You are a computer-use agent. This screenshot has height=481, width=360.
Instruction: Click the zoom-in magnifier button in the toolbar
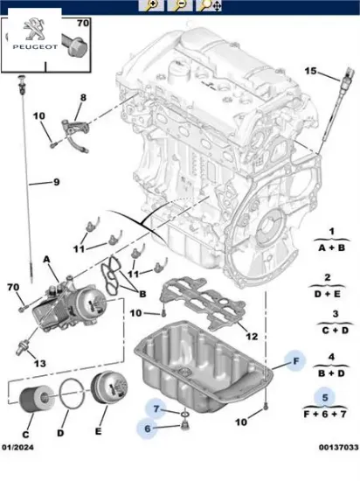[151, 5]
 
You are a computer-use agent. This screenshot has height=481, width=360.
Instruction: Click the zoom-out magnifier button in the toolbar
[180, 5]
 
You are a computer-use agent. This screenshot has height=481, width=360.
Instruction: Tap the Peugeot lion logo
[34, 29]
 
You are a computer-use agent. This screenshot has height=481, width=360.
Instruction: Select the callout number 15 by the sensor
[310, 71]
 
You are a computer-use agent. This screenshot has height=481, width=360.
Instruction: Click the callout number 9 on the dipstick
[57, 182]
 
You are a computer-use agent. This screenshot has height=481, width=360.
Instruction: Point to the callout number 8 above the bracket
[83, 98]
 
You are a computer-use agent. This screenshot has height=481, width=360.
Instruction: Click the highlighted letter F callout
[295, 361]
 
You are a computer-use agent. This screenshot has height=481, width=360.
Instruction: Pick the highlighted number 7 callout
[156, 408]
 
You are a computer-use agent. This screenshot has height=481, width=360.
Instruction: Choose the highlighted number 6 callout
[148, 429]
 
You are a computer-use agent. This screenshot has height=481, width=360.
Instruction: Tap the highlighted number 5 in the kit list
[325, 398]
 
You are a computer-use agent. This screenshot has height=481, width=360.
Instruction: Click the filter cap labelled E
[109, 388]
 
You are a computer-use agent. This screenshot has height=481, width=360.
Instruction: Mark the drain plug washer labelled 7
[184, 415]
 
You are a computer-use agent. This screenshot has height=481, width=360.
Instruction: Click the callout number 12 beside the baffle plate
[252, 337]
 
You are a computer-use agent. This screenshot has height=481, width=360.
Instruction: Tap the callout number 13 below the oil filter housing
[40, 364]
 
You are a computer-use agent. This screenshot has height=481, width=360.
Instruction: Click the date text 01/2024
[18, 447]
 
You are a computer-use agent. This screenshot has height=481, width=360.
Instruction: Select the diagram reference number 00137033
[338, 447]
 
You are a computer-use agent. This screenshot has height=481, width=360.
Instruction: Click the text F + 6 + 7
[325, 415]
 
